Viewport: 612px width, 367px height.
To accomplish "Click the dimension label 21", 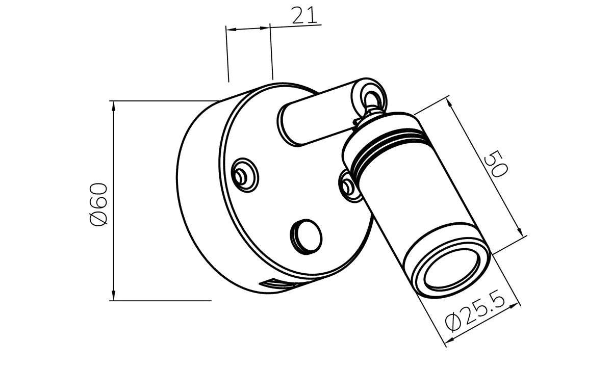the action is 304,15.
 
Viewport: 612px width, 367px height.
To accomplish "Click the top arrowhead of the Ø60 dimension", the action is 114,107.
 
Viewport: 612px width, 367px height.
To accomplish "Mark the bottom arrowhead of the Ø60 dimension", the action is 114,295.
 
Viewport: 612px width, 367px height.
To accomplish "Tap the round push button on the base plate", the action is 307,237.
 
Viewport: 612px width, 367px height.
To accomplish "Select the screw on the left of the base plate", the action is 244,175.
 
